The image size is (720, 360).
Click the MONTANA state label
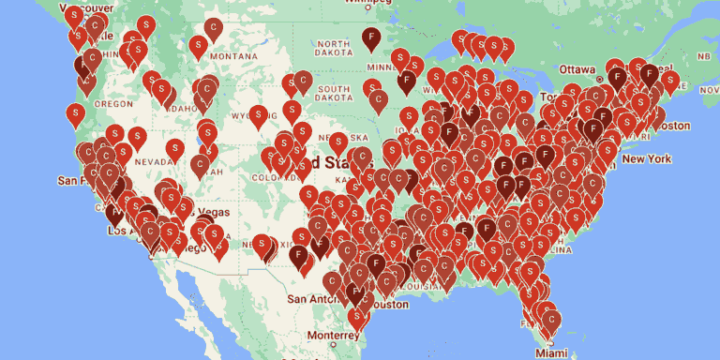coord(233,55)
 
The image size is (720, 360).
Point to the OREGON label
coord(113,103)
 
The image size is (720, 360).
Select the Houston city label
coord(386,305)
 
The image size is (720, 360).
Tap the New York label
coord(646,159)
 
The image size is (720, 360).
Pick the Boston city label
coord(672,126)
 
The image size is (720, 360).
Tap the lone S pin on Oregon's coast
coord(76,113)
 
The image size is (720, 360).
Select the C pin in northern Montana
coord(214,28)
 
